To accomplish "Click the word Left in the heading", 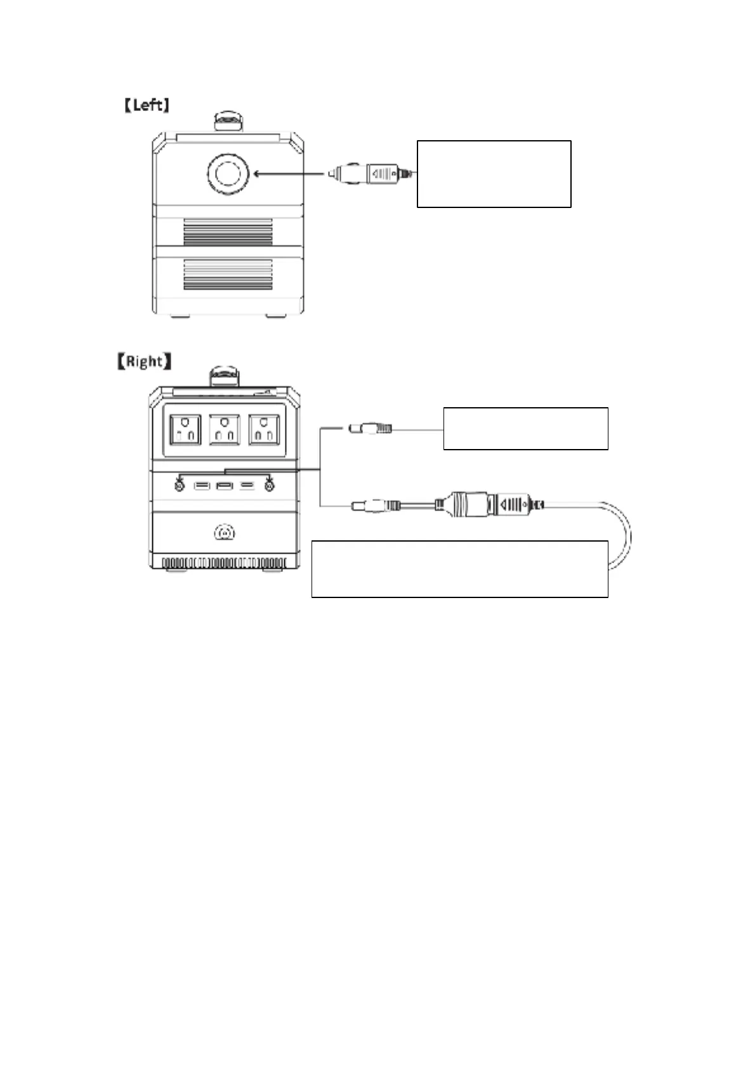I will coord(147,105).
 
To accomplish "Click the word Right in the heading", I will coord(144,361).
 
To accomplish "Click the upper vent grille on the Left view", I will coord(228,232).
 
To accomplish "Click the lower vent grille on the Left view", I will coord(228,275).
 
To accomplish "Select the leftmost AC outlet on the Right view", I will coord(185,429).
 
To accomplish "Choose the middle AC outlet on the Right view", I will coord(224,429).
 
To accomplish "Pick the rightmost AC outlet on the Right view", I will coord(263,429).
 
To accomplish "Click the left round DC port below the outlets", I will coord(180,486).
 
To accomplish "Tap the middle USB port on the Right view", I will coord(225,486).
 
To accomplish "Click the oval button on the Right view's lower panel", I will coord(224,533).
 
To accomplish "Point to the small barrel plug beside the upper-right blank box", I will coord(371,429).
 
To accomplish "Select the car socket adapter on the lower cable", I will coord(470,504).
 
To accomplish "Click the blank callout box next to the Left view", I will coord(494,174).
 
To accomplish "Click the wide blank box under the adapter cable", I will coord(459,569).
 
